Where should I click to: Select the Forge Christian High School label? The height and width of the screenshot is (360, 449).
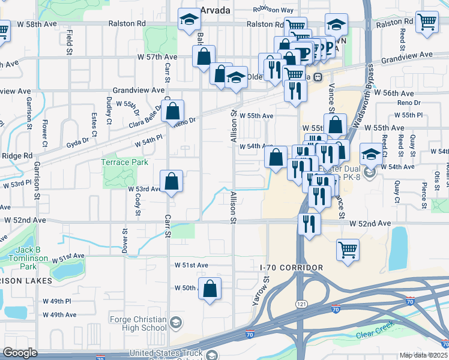(138, 323)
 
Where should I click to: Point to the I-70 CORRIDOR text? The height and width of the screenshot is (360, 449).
(292, 267)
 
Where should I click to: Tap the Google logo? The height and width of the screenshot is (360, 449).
(20, 353)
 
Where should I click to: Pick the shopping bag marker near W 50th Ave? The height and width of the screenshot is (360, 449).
(210, 289)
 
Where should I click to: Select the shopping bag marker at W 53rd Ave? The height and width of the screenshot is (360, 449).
(172, 181)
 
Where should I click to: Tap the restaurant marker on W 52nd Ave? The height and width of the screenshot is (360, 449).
(309, 224)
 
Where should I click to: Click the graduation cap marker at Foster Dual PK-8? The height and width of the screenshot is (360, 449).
(371, 154)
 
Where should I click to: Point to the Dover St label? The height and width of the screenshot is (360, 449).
(125, 240)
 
